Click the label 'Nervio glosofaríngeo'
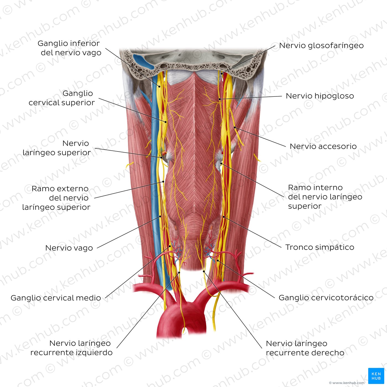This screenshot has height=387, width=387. (321, 46)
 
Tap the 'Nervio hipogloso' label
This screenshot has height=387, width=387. (320, 96)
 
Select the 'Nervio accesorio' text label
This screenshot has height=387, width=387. (323, 146)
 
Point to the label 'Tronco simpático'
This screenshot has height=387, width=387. (320, 247)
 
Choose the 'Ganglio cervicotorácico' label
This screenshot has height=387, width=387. (326, 298)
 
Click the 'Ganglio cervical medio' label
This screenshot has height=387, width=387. (56, 298)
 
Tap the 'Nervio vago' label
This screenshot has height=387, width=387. (69, 248)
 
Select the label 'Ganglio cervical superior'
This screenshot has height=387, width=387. (62, 98)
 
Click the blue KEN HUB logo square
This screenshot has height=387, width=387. (376, 376)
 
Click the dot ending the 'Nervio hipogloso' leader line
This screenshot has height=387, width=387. (220, 99)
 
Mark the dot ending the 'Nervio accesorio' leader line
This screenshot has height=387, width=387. (235, 127)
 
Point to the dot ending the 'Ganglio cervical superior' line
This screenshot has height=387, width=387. (166, 122)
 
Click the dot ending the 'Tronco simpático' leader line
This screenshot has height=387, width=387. (224, 217)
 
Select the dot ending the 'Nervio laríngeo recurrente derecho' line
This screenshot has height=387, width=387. (204, 271)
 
